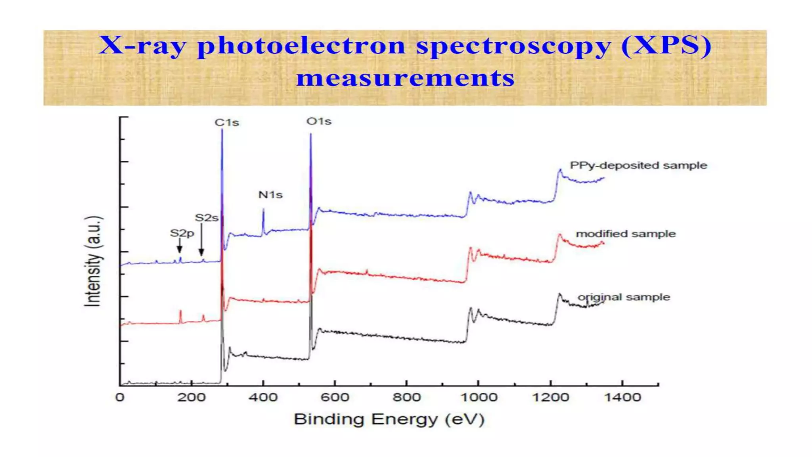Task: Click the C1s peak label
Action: tap(227, 123)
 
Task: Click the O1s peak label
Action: tap(319, 121)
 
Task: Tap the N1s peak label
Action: tap(270, 195)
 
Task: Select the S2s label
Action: tap(207, 218)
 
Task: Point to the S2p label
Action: tap(182, 233)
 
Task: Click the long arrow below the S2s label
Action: tap(201, 240)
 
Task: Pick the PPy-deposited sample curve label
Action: tap(638, 165)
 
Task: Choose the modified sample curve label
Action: tap(626, 234)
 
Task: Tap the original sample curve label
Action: tap(624, 297)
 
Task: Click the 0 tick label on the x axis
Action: tap(120, 397)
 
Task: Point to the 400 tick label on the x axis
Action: tap(263, 397)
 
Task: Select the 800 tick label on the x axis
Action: tap(406, 397)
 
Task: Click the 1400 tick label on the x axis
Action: tap(622, 397)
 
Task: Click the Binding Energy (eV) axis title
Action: tap(389, 419)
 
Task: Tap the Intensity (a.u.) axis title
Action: tap(94, 261)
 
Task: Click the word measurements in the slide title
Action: tap(405, 78)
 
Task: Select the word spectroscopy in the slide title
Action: tap(513, 46)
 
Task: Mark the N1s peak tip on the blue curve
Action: tap(263, 209)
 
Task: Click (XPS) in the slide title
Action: tap(666, 45)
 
